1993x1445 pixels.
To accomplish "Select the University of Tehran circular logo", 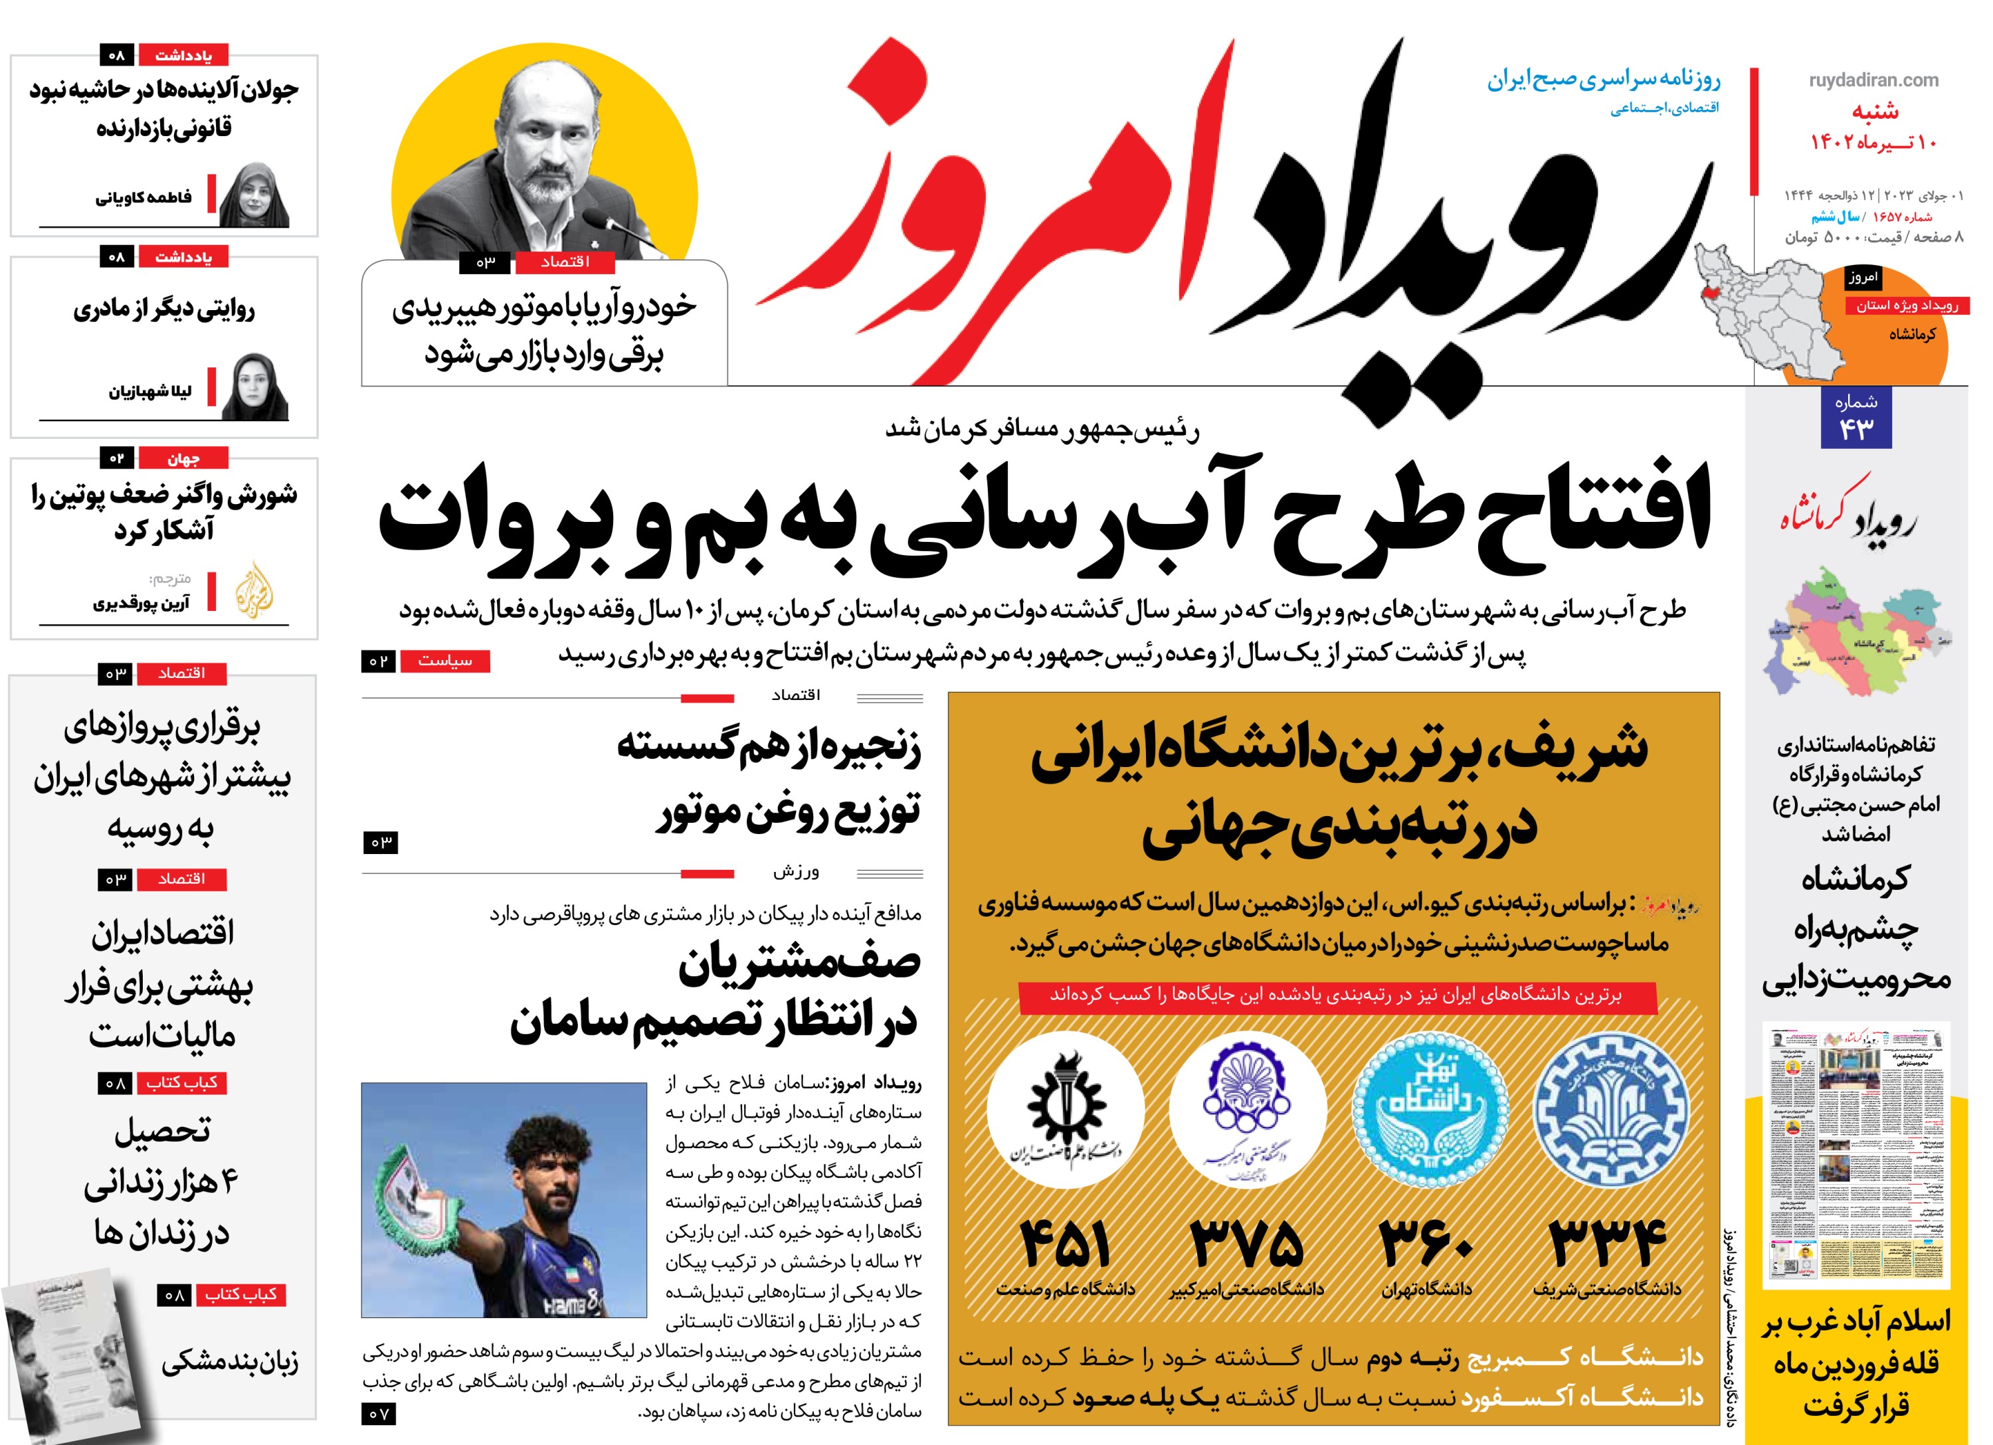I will (1430, 1110).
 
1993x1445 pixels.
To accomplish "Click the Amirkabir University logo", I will (1247, 1110).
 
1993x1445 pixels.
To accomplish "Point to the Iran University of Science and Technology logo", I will (1065, 1110).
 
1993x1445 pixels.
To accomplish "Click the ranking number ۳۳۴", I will (1606, 1243).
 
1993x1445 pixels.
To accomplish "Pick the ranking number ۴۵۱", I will (1065, 1244).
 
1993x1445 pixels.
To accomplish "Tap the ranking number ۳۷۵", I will (1247, 1244).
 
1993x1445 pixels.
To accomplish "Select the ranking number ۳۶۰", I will (1426, 1244).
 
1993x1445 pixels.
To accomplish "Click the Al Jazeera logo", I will (254, 590).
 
